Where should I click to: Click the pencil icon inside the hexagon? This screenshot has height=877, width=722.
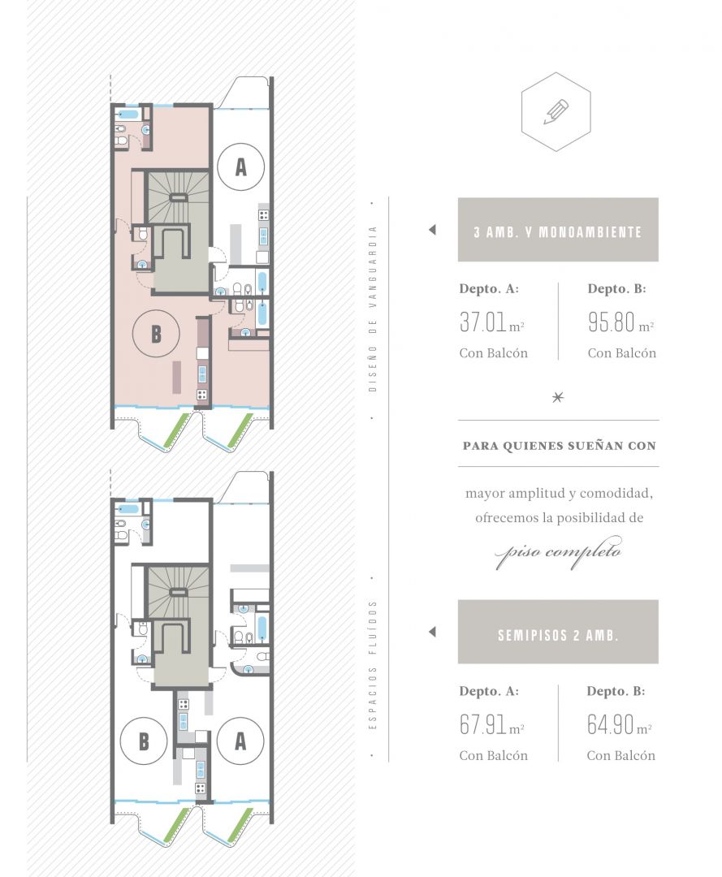(556, 112)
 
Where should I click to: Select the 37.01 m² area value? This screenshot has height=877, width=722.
(491, 322)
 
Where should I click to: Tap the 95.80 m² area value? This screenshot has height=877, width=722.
(620, 322)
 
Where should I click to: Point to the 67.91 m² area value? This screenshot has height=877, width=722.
(491, 725)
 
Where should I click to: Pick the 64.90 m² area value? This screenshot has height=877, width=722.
(620, 725)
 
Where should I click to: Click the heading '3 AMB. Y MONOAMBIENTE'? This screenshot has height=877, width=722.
(558, 232)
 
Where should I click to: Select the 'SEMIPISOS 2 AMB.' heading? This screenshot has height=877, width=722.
(558, 635)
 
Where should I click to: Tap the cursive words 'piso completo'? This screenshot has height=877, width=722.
(558, 553)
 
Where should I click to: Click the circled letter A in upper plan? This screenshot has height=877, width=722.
(241, 166)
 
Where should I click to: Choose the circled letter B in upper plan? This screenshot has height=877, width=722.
(156, 334)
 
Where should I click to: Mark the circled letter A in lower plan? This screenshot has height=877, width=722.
(240, 741)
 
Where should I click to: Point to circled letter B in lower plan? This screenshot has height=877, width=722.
(144, 741)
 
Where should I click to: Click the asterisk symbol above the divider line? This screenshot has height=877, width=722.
(558, 398)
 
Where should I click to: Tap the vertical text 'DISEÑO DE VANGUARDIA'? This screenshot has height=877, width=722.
(373, 309)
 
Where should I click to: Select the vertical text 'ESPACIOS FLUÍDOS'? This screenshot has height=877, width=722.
(373, 665)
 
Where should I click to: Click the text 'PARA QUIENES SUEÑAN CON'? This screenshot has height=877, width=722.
(560, 446)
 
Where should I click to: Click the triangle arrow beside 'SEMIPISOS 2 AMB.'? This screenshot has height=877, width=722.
(432, 632)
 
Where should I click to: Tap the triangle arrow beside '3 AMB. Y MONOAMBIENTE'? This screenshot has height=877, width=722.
(432, 229)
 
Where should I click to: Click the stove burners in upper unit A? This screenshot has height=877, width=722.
(263, 214)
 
